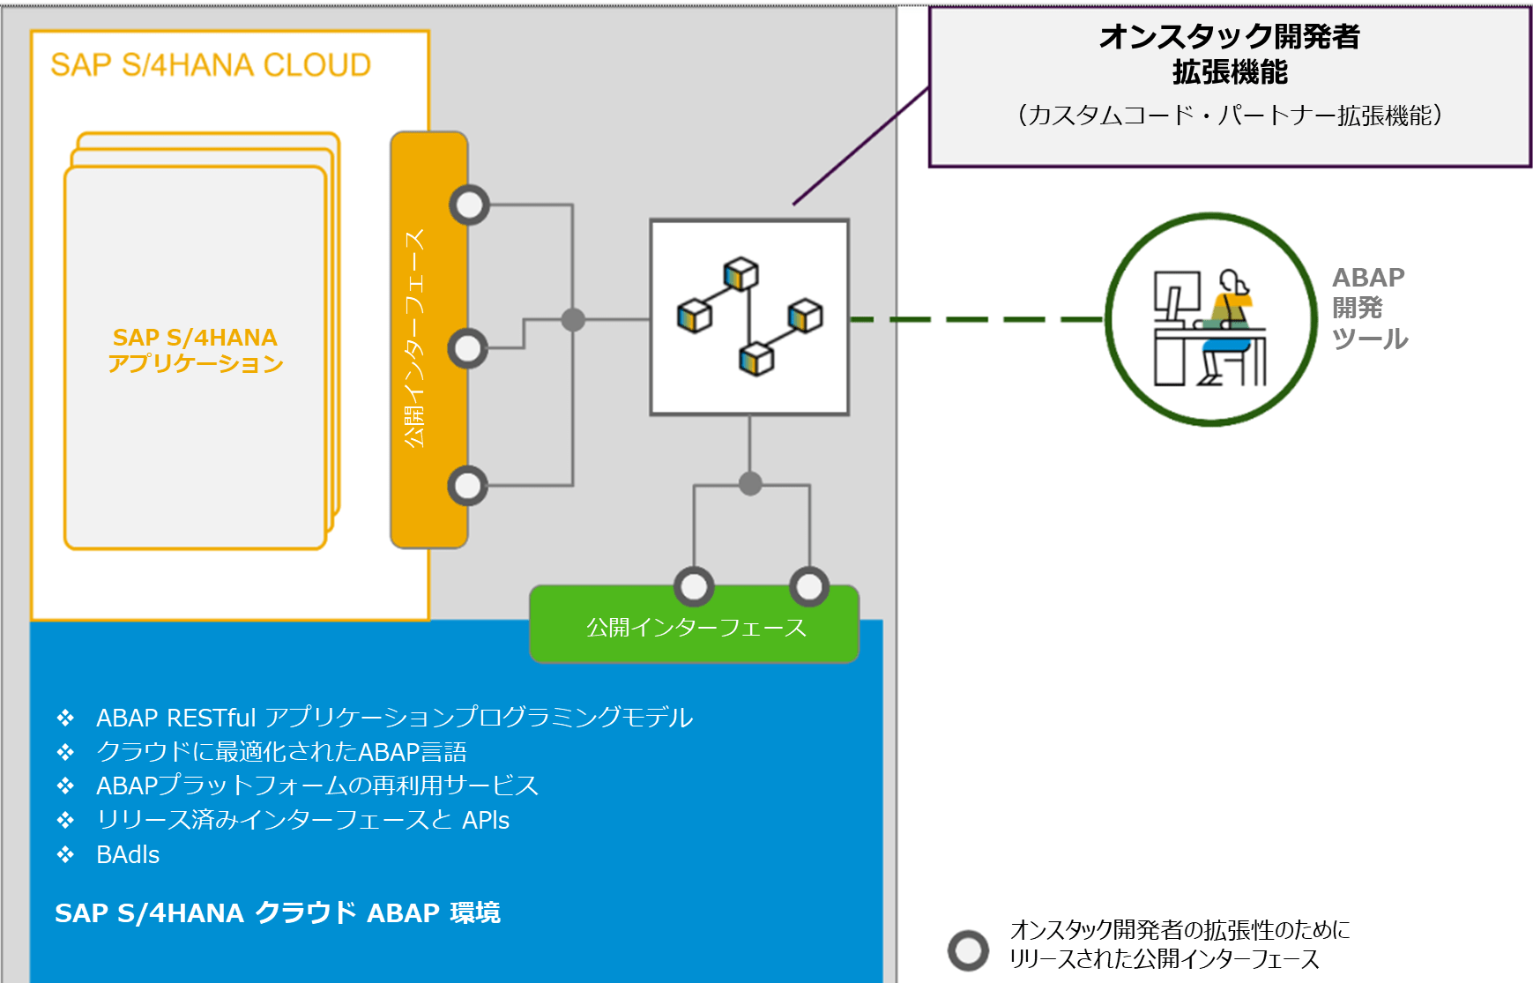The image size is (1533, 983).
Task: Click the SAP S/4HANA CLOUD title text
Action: (210, 65)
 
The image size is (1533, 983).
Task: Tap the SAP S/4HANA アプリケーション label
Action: (195, 350)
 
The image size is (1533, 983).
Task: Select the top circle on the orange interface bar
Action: (469, 205)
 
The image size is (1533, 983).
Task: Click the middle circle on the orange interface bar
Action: (467, 348)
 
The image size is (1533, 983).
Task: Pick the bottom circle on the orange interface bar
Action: (467, 486)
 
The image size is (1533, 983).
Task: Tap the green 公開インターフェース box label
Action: (696, 628)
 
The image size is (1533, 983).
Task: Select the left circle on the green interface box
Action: (694, 586)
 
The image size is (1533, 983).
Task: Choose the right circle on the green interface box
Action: (808, 586)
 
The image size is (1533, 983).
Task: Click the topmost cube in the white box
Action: (740, 273)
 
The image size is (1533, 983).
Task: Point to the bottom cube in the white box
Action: (755, 359)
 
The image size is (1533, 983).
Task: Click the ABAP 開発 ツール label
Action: (1368, 308)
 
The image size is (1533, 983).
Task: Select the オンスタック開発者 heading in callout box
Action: (1229, 37)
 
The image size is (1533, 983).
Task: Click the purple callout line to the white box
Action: (860, 146)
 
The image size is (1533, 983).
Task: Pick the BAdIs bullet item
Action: (128, 855)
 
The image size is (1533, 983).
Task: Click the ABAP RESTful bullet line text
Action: (394, 718)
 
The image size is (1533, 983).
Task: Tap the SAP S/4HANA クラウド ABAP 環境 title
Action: (277, 912)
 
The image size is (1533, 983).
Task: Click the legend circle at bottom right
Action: (968, 950)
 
